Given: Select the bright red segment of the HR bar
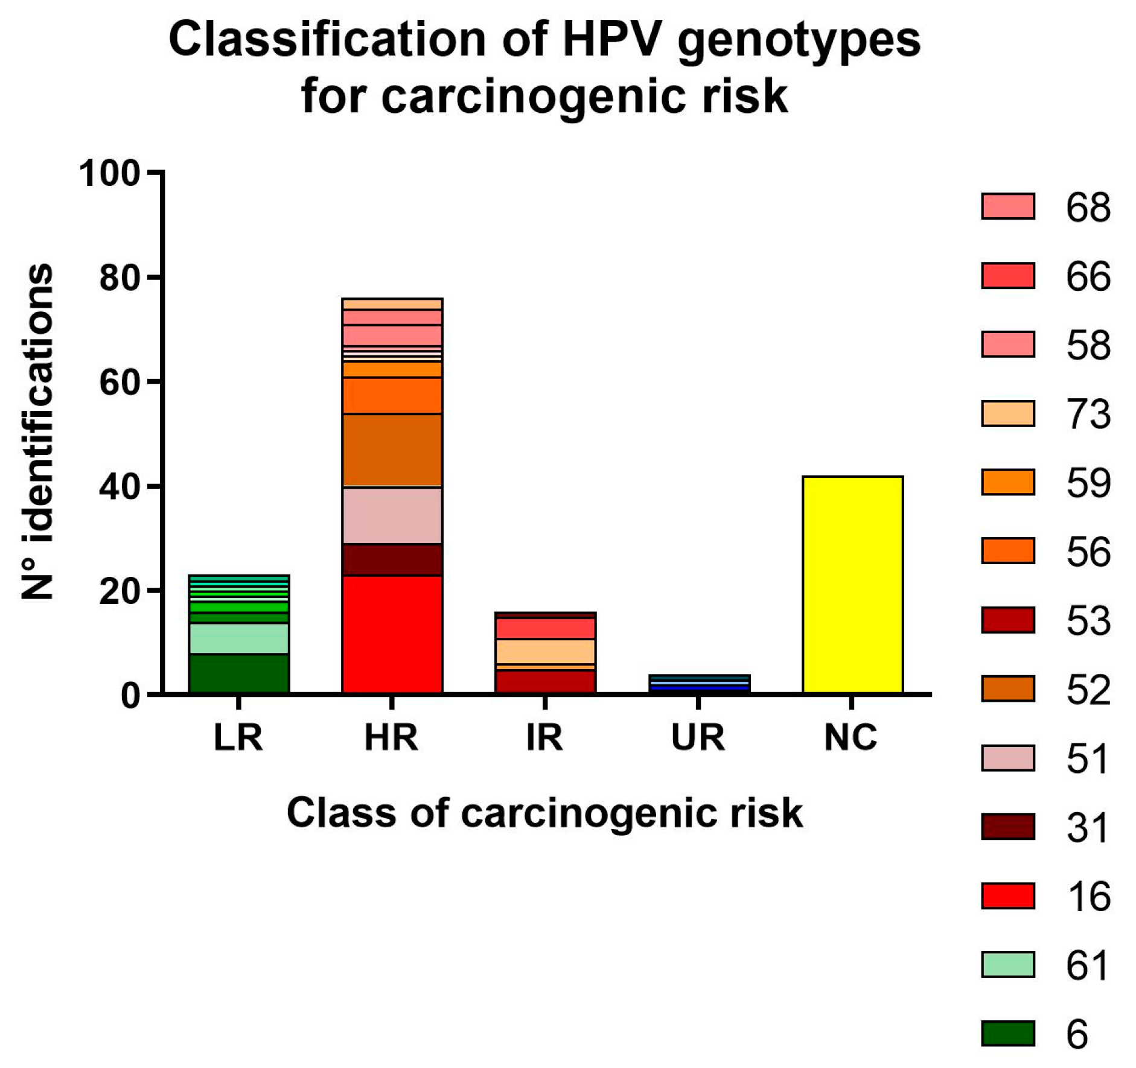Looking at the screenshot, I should (x=392, y=634).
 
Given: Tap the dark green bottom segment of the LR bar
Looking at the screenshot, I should (x=239, y=673).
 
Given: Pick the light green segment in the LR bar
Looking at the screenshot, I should (x=239, y=638).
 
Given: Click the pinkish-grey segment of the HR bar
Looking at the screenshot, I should (x=392, y=515).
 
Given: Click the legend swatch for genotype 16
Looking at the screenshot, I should (x=1007, y=895).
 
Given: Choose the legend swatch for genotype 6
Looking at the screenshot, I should (x=1007, y=1034).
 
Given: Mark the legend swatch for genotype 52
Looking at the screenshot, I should (x=1007, y=688).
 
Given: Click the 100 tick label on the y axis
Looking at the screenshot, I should (x=109, y=174).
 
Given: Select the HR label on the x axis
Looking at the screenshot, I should (x=391, y=737).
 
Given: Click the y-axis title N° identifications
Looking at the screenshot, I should (x=37, y=431).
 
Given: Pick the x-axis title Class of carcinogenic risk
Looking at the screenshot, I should (x=544, y=813).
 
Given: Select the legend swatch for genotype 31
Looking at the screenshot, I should (x=1007, y=827).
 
